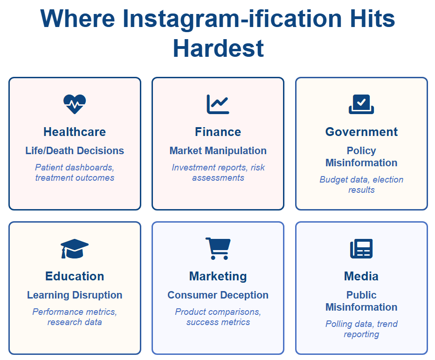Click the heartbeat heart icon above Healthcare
coord(75,104)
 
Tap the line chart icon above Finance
coord(218,104)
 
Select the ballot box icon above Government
coord(361,104)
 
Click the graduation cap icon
coord(75,249)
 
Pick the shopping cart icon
coord(218,249)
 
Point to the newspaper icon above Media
coord(361,249)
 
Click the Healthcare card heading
coord(75,132)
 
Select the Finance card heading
coord(218,132)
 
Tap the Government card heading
coord(361,132)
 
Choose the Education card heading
coord(75,276)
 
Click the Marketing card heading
coord(218,276)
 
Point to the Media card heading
coord(361,276)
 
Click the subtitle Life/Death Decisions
coord(75,151)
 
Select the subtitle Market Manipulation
coord(218,151)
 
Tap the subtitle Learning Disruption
coord(75,295)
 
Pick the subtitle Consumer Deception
coord(218,295)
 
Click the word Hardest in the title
coord(218,48)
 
